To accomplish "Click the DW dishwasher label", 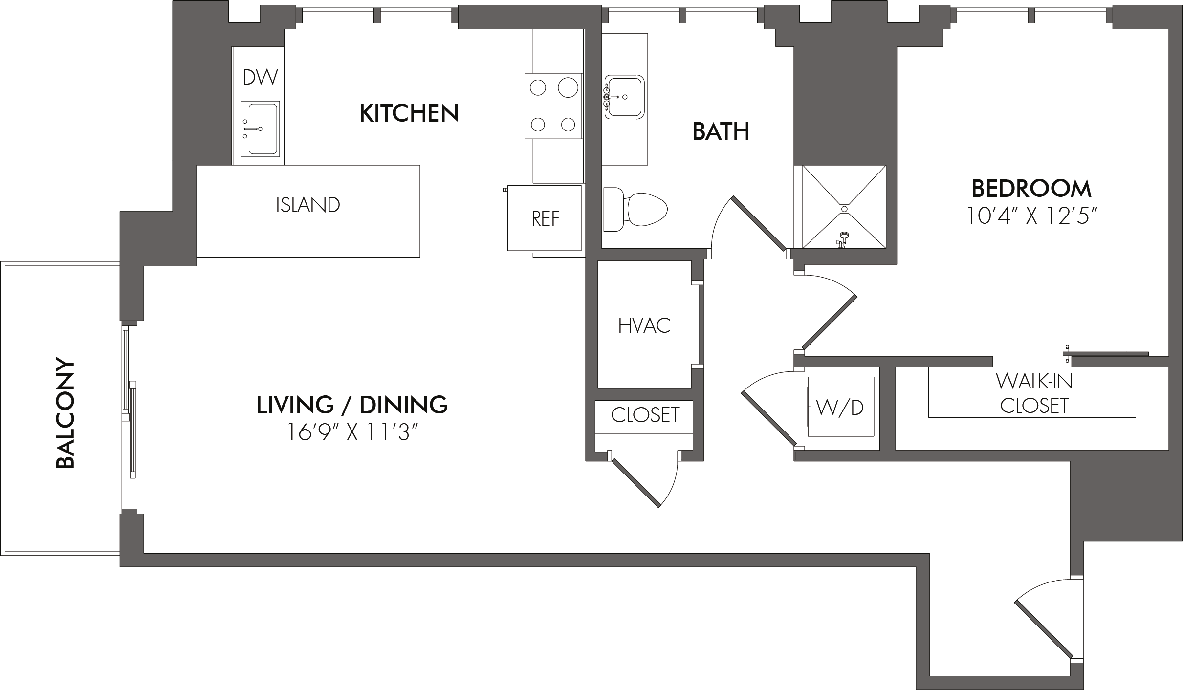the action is (260, 77).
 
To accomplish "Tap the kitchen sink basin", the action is (260, 129).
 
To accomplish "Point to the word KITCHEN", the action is (409, 113).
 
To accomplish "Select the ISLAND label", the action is (308, 205).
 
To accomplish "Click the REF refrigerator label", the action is (545, 218).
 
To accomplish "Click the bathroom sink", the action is (624, 97).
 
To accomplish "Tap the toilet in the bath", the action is (635, 210).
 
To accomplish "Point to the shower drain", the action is (844, 209).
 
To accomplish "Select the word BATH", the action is (721, 132).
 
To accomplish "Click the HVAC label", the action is (644, 325).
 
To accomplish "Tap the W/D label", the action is (840, 408).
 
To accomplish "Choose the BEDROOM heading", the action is (1031, 189).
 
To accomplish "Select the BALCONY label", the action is (66, 414).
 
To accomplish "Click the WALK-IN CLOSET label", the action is (1034, 394).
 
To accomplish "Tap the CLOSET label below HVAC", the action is (645, 415).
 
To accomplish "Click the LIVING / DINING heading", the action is (352, 405).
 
